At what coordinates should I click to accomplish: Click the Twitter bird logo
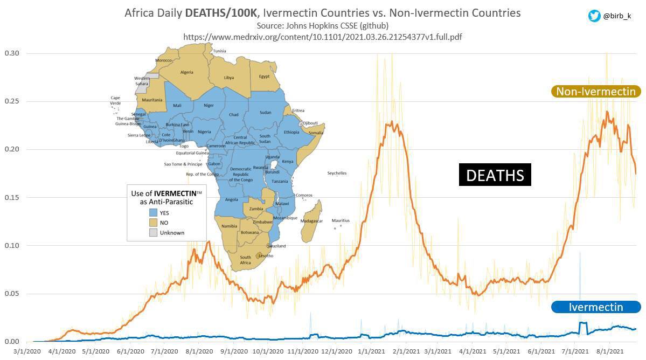[594, 16]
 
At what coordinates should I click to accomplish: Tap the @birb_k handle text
[617, 16]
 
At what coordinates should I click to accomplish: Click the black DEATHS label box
[495, 175]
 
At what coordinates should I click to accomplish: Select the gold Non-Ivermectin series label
[595, 92]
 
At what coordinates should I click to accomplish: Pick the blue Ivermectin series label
[595, 307]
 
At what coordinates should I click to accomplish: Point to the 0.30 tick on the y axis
[12, 53]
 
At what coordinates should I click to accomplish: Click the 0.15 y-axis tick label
[12, 197]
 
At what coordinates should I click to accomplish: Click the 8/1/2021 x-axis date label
[610, 350]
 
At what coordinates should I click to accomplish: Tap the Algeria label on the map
[186, 72]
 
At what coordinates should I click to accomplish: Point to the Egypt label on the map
[264, 77]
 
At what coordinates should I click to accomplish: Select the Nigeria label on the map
[204, 131]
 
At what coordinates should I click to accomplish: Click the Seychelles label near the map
[337, 174]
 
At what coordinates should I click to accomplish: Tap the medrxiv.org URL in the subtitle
[322, 37]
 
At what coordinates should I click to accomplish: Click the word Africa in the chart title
[139, 12]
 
